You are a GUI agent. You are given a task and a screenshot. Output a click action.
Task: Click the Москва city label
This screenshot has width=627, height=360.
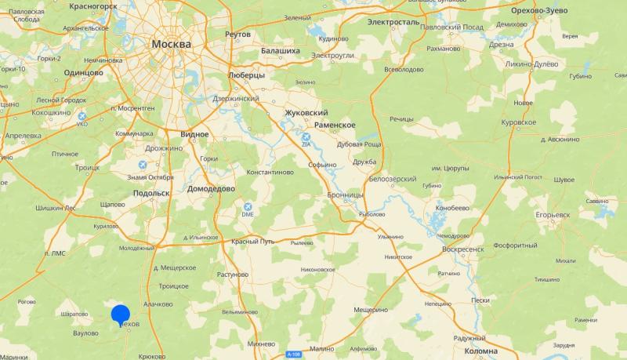[171, 44]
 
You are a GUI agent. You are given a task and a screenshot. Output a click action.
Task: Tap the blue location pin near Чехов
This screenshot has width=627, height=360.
[121, 315]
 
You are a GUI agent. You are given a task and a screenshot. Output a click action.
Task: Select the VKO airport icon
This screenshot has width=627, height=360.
[82, 118]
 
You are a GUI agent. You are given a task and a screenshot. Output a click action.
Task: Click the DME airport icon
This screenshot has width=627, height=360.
[248, 208]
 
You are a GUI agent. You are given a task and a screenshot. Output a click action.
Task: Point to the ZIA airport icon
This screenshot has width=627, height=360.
[307, 138]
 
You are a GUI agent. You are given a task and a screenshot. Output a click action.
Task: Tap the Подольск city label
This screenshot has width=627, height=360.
[151, 192]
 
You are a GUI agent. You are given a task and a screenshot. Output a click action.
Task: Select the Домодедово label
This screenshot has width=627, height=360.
[211, 189]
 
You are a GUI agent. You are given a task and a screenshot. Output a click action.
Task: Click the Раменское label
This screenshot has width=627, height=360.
[335, 125]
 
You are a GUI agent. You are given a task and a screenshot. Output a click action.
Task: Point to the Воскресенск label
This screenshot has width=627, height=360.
[463, 249]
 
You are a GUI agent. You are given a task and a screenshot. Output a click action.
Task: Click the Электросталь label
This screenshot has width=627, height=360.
[393, 22]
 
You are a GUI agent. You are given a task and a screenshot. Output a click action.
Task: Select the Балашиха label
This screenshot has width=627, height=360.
[280, 51]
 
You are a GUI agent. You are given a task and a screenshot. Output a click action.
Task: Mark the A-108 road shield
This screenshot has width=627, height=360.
[293, 355]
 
